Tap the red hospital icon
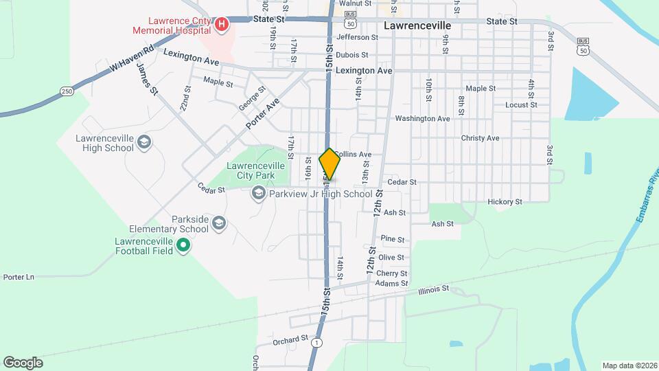222,26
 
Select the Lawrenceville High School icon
144,142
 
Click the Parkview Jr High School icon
258,194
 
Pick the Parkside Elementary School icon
218,223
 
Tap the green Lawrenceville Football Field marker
183,245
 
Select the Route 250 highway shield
67,91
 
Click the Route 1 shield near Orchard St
316,342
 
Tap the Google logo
23,363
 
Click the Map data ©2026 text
629,366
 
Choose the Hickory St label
505,202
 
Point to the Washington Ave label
422,119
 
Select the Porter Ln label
19,277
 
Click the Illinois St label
433,290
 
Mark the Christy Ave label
480,138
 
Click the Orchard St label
290,339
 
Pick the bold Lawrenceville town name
417,25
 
